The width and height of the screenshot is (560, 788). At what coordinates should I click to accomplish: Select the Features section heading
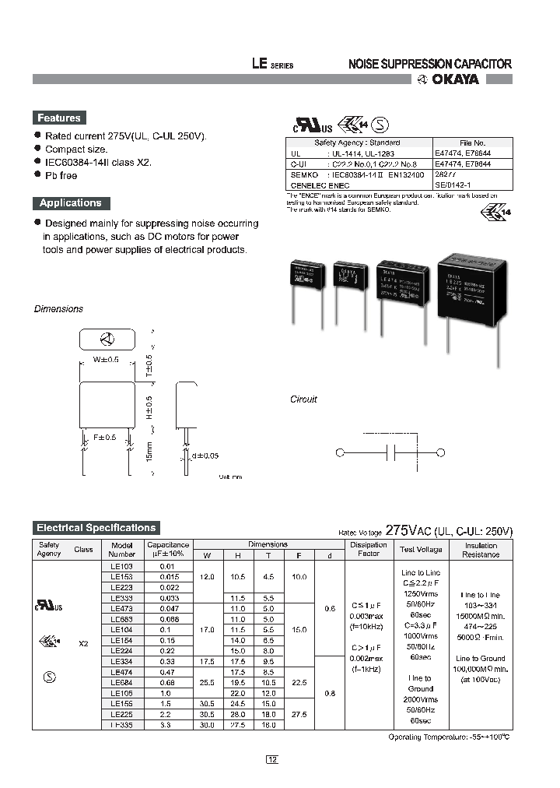pos(59,118)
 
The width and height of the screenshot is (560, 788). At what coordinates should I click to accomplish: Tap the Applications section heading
pos(71,203)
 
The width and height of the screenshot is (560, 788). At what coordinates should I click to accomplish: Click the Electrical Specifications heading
pos(96,527)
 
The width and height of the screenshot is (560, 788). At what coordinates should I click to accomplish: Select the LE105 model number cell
pos(122,693)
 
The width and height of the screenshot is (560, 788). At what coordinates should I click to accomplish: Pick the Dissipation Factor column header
pos(368,550)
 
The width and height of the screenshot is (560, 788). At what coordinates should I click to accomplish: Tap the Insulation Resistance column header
pos(481,550)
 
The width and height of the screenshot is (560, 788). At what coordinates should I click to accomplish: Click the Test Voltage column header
pos(421,550)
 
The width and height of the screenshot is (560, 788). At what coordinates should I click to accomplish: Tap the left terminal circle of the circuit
pos(339,452)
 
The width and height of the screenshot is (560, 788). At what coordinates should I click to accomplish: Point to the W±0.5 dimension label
pos(105,359)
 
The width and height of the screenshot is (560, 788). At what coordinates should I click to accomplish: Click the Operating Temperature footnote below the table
pos(448,737)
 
